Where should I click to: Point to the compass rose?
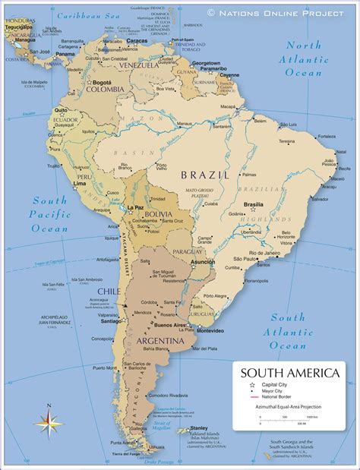[47, 421]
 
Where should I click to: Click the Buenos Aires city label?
[172, 325]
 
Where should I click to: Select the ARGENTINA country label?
[160, 342]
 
